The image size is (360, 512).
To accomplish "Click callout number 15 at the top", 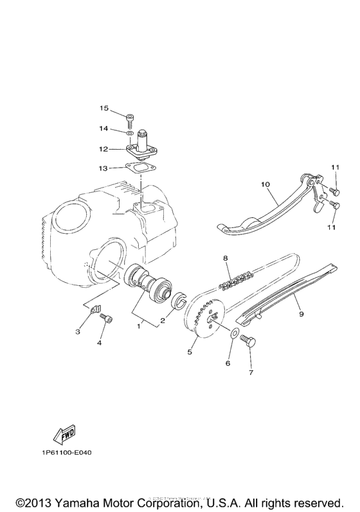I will pyautogui.click(x=104, y=108).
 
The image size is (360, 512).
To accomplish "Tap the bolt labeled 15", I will pyautogui.click(x=131, y=118).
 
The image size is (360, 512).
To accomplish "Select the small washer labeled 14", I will pyautogui.click(x=130, y=132).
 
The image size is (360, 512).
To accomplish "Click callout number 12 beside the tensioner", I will pyautogui.click(x=104, y=149).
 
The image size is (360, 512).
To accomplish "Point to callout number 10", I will pyautogui.click(x=264, y=184).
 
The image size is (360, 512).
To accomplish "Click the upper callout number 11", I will pyautogui.click(x=334, y=168).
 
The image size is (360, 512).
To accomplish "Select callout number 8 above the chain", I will pyautogui.click(x=226, y=258).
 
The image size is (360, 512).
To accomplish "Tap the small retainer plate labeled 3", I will pyautogui.click(x=97, y=310).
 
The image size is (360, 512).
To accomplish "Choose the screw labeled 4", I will pyautogui.click(x=108, y=319).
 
